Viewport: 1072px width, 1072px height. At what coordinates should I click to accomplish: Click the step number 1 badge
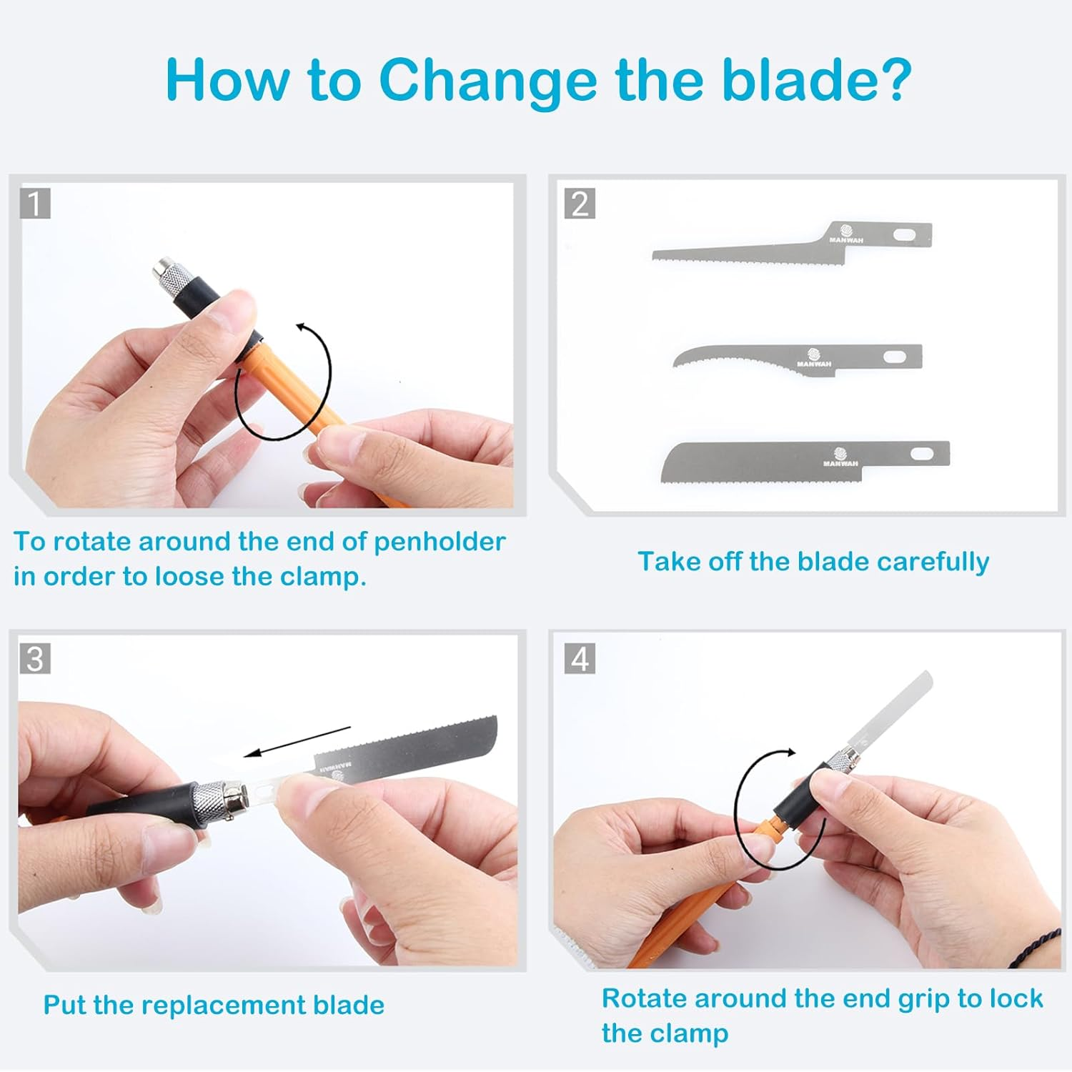[x=34, y=204]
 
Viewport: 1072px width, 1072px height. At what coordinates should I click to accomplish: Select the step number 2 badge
[x=580, y=204]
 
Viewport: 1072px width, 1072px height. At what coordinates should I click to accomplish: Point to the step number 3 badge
[x=34, y=659]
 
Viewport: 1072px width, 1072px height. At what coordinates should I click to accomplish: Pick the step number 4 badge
[x=580, y=659]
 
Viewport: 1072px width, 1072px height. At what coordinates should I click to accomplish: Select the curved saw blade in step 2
[x=798, y=357]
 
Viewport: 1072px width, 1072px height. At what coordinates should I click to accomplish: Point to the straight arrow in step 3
[x=297, y=741]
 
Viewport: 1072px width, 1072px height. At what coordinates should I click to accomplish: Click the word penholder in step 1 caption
[x=440, y=542]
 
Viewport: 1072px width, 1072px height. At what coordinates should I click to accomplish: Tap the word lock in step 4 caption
[x=1016, y=998]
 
